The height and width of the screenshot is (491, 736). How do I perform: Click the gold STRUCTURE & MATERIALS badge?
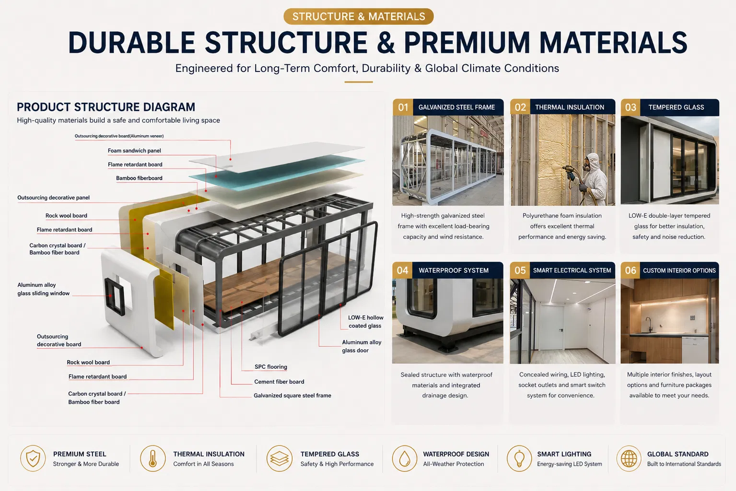point(359,16)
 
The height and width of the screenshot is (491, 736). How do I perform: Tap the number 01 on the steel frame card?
point(403,107)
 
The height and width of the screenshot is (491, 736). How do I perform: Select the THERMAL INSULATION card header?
point(563,107)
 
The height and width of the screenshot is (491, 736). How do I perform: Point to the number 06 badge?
point(631,270)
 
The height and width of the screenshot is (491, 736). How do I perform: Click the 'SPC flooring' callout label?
point(271,367)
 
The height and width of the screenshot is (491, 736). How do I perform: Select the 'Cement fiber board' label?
point(279,382)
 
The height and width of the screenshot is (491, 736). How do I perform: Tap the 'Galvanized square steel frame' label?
point(292,396)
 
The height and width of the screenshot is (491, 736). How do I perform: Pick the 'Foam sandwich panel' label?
point(134,151)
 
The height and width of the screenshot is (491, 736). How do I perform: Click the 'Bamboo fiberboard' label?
point(139,178)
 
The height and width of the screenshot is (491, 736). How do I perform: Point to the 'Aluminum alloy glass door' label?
point(362,346)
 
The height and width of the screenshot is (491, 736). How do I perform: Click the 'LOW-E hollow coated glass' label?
point(365,322)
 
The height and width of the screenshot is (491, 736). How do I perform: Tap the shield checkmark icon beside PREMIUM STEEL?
point(33,458)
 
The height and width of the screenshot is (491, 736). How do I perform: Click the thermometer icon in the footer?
point(153,458)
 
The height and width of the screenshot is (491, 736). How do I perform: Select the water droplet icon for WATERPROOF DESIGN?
point(405,458)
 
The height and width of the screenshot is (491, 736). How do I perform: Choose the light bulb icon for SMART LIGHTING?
point(519,458)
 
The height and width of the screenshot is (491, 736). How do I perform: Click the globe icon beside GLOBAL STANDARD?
point(629,458)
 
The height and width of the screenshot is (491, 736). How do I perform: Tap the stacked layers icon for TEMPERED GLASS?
point(279,458)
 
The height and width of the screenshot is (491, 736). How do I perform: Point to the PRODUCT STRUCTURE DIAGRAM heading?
point(106,107)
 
